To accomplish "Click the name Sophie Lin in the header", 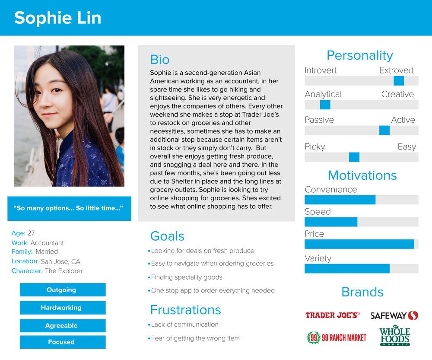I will pyautogui.click(x=57, y=18).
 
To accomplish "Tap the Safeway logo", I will pyautogui.click(x=394, y=315).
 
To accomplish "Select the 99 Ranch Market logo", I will pyautogui.click(x=337, y=338).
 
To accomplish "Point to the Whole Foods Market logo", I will pyautogui.click(x=394, y=337).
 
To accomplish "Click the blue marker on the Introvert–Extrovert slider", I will pyautogui.click(x=399, y=81).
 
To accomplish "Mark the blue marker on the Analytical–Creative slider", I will pyautogui.click(x=325, y=105).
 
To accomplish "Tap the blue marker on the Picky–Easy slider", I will pyautogui.click(x=354, y=157).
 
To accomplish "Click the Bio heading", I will pyautogui.click(x=160, y=60).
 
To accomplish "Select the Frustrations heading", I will pyautogui.click(x=185, y=310).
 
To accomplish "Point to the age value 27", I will pyautogui.click(x=31, y=233).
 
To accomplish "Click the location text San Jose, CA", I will pyautogui.click(x=60, y=261).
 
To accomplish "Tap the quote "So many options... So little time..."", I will pyautogui.click(x=68, y=208).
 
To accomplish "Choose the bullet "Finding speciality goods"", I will pyautogui.click(x=187, y=277).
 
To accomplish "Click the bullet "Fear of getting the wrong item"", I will pyautogui.click(x=195, y=338).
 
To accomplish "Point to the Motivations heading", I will pyautogui.click(x=362, y=175).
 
